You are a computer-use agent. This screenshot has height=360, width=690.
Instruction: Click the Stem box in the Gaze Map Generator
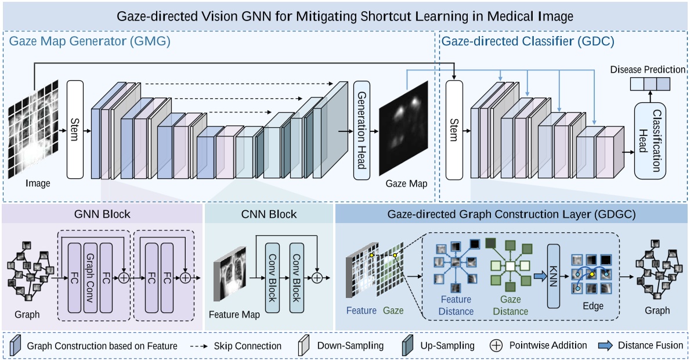point(75,129)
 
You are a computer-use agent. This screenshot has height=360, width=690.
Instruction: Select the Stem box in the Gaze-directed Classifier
point(454,129)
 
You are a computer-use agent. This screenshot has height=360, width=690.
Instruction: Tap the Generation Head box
point(362,129)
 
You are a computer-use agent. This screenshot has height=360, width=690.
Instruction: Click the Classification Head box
point(648,141)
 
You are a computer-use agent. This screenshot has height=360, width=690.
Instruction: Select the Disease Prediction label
point(648,70)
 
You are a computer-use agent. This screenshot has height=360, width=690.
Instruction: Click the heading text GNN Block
point(102,214)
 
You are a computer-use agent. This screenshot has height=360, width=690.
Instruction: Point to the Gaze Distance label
point(510,305)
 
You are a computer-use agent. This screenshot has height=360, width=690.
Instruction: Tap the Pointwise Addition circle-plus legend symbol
point(496,345)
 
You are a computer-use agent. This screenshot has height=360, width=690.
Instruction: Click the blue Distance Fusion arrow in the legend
point(605,345)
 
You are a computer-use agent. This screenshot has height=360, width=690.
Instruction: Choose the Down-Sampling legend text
point(351,345)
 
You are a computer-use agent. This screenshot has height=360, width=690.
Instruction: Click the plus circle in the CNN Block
point(317,278)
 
